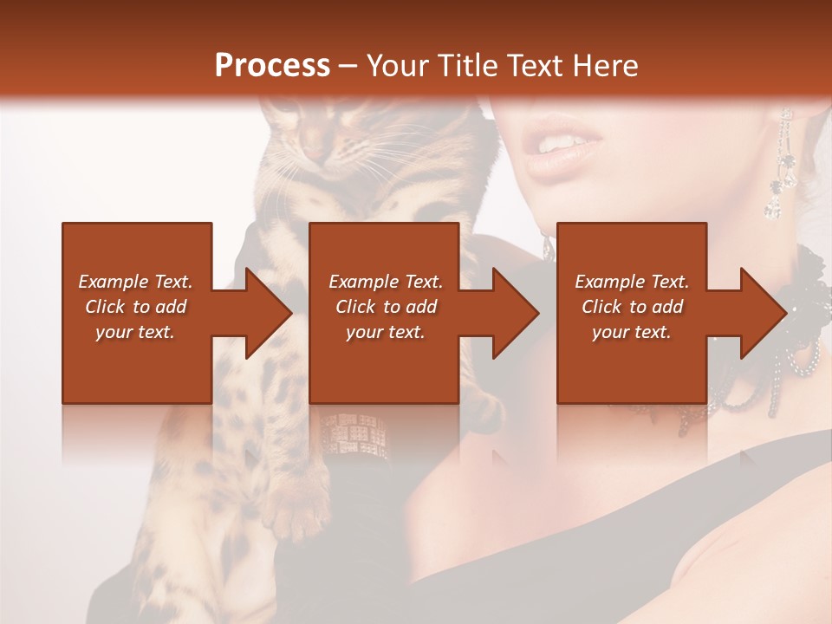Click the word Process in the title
272,66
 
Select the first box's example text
136,307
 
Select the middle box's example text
385,307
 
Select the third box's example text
632,307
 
